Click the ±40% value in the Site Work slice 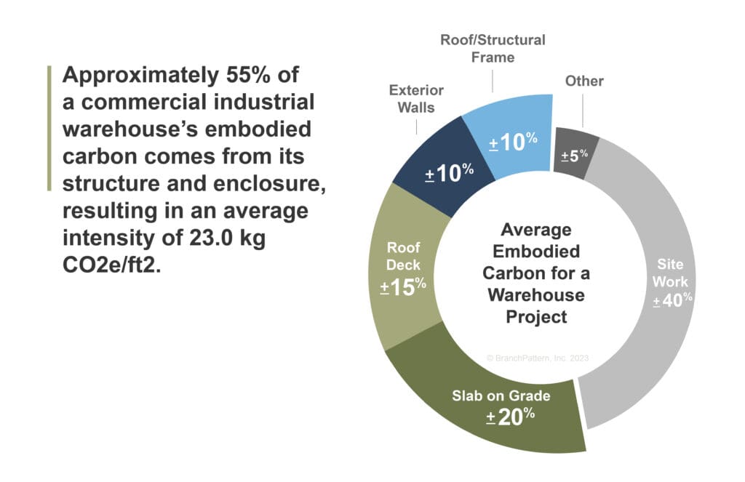pyautogui.click(x=672, y=300)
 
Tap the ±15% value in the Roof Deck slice pyautogui.click(x=402, y=287)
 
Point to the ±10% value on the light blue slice pyautogui.click(x=513, y=142)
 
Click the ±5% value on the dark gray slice pyautogui.click(x=575, y=154)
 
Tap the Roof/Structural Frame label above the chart pyautogui.click(x=493, y=48)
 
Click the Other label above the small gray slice pyautogui.click(x=584, y=81)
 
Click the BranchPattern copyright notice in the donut pyautogui.click(x=537, y=358)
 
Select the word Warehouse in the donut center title pyautogui.click(x=536, y=295)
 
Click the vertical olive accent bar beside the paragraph pyautogui.click(x=49, y=128)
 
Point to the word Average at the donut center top pyautogui.click(x=537, y=230)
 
